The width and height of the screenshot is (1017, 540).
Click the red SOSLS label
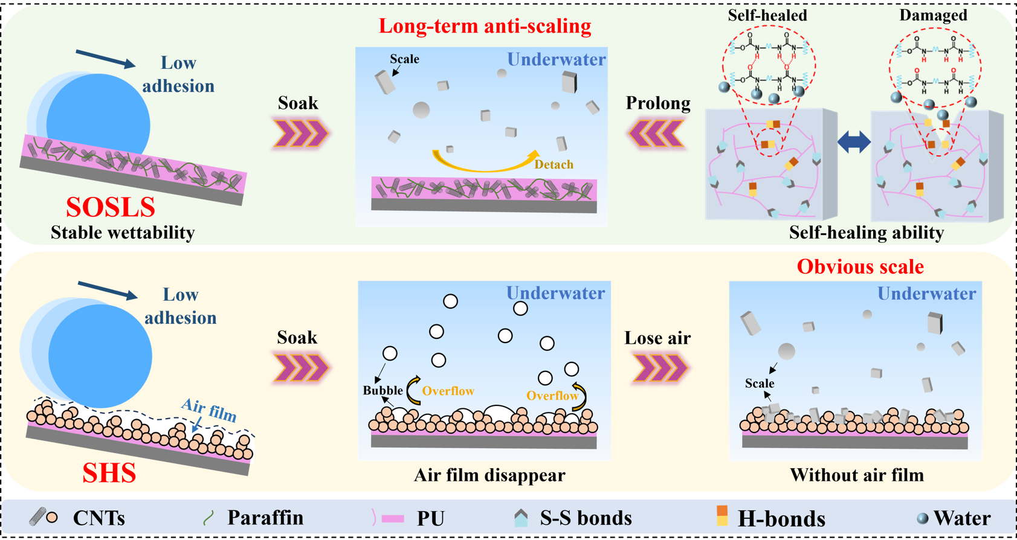tap(111, 207)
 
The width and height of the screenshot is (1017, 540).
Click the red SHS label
tap(109, 473)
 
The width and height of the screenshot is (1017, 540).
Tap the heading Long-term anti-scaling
tap(485, 26)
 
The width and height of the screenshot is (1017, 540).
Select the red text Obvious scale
tap(860, 266)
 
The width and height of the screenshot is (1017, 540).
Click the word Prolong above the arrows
tap(657, 103)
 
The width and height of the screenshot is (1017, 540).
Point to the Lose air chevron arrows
tap(659, 368)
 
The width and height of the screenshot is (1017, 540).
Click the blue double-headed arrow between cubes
tap(854, 143)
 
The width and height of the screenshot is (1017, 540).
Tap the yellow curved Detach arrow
tap(483, 163)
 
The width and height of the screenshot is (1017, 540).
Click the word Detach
tap(554, 164)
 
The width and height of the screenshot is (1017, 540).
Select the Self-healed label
tap(767, 15)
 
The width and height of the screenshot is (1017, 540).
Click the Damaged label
tap(933, 15)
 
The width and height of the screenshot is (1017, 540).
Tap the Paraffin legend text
tap(265, 518)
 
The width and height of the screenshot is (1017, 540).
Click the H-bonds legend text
tap(781, 518)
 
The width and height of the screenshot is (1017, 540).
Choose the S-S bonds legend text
tap(586, 518)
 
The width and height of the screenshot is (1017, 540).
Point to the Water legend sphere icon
tap(922, 518)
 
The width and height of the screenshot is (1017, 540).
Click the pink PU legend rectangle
tap(393, 518)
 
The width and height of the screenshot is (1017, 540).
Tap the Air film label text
tap(208, 410)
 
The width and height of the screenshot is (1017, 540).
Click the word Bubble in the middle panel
tap(383, 390)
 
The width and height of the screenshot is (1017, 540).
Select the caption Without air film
tap(857, 475)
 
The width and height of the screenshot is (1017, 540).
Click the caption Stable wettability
tap(123, 233)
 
